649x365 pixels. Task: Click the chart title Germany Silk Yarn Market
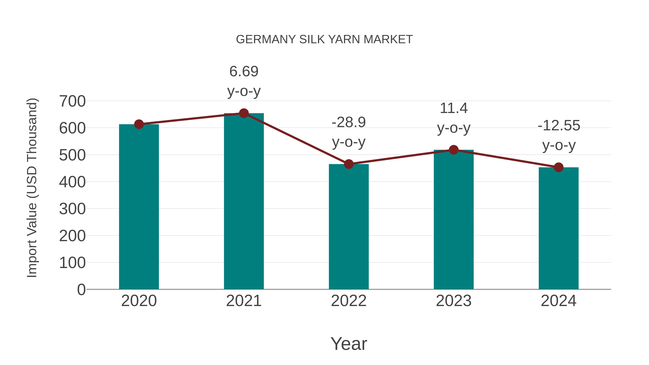(324, 39)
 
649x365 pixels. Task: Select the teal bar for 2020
(139, 207)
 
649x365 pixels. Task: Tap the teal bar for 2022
(349, 227)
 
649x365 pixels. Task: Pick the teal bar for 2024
(559, 228)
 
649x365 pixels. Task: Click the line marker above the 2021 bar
(244, 113)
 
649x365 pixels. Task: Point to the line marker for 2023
(454, 150)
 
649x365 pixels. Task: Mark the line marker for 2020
(139, 124)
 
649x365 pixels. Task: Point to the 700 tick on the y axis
(72, 101)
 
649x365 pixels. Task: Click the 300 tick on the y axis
(72, 209)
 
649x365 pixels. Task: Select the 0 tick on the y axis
(81, 289)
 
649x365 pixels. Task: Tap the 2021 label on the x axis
(244, 301)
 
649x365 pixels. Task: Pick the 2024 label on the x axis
(559, 301)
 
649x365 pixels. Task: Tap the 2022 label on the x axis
(349, 301)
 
